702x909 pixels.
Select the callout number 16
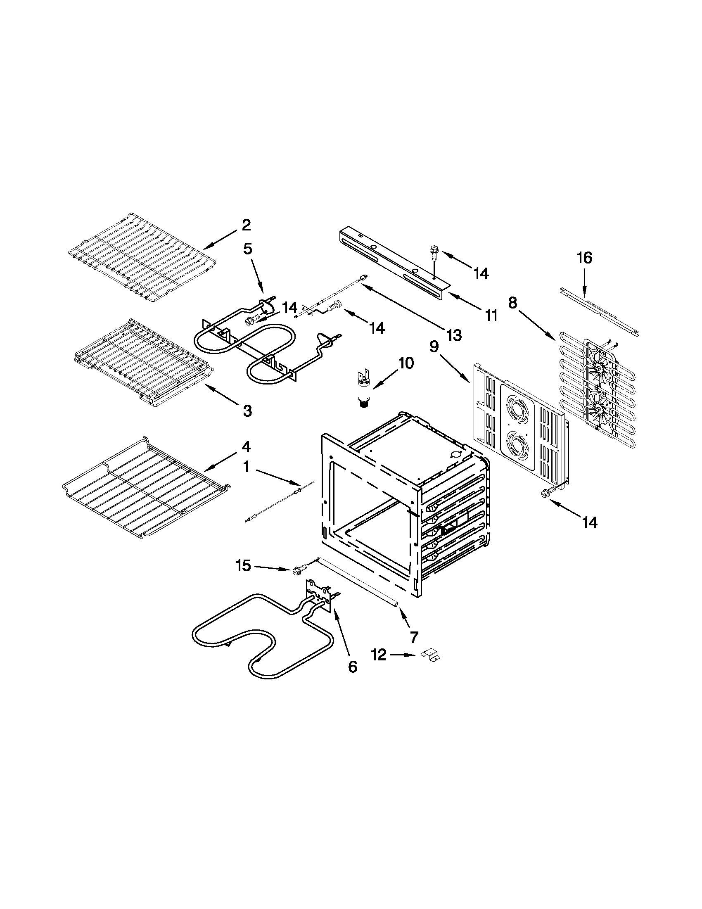[x=584, y=258]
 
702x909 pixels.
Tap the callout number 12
[x=379, y=655]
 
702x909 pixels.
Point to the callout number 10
[x=406, y=363]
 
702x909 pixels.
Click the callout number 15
[x=244, y=566]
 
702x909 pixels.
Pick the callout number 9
[x=434, y=346]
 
